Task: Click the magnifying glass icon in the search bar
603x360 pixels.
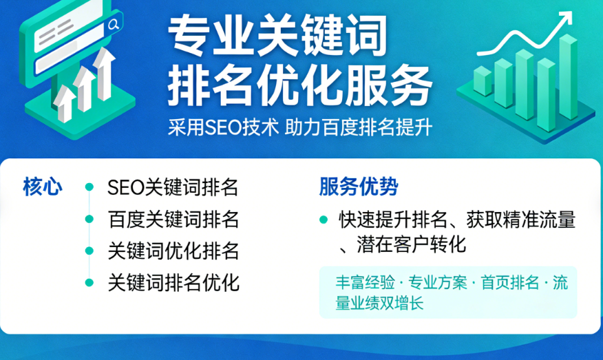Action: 114,25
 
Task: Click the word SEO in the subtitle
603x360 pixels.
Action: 222,128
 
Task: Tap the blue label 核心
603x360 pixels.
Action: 43,187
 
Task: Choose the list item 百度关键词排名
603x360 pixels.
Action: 173,220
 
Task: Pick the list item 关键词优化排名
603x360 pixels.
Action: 173,251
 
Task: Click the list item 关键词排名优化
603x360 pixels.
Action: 173,283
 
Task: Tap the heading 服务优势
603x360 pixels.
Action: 359,187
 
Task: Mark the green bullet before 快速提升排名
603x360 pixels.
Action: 324,220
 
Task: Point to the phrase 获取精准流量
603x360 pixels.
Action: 520,220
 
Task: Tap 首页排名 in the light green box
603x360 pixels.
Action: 510,283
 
